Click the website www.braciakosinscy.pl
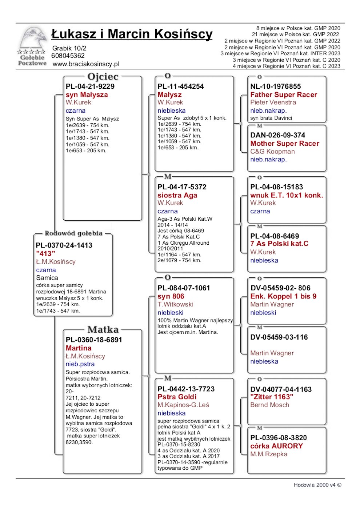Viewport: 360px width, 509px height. point(86,64)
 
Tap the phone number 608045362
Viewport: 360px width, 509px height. point(68,56)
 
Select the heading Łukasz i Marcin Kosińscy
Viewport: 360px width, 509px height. point(132,34)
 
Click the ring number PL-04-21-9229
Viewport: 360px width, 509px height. point(90,87)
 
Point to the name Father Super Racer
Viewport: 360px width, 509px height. point(284,95)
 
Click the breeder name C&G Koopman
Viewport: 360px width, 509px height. point(272,152)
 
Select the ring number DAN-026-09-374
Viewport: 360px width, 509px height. point(278,135)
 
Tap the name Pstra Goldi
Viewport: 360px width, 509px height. point(177,397)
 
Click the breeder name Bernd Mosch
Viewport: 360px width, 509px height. point(270,405)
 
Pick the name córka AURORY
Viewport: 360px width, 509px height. point(276,446)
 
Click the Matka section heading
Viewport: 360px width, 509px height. point(103,330)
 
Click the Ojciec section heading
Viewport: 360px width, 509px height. point(103,77)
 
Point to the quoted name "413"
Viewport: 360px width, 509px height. point(45,253)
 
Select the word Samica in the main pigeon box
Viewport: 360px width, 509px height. point(47,278)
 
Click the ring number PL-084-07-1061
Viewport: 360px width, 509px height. point(184,288)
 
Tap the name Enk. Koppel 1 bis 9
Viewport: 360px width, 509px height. point(283,296)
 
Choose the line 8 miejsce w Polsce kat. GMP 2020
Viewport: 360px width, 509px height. point(298,28)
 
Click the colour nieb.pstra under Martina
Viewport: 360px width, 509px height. point(80,364)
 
